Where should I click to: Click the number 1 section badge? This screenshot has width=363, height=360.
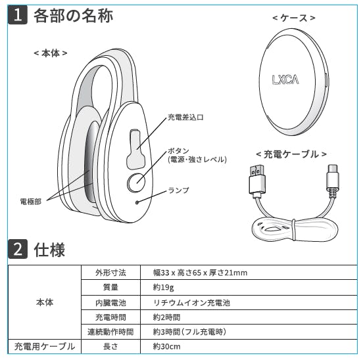click(x=18, y=15)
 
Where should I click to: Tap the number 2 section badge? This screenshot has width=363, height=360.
click(x=18, y=249)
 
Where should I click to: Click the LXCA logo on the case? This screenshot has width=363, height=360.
click(x=285, y=79)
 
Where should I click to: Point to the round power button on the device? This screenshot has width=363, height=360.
click(x=136, y=183)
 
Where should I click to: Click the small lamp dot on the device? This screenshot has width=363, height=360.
click(x=137, y=202)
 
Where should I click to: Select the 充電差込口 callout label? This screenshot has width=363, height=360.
click(x=185, y=117)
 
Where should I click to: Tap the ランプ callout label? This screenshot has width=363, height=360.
click(x=178, y=191)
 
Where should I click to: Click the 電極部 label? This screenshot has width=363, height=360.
click(x=31, y=202)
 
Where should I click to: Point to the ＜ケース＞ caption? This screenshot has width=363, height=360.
click(x=294, y=18)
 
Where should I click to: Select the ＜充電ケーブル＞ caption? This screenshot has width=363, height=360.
click(x=291, y=154)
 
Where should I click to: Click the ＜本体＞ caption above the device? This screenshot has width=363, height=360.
click(x=51, y=53)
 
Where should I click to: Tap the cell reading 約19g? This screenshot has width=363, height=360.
click(x=163, y=287)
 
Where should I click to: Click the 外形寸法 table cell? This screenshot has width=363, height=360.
click(x=110, y=273)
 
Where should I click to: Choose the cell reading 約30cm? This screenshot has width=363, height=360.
click(x=166, y=346)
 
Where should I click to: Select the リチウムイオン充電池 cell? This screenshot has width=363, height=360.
click(x=191, y=303)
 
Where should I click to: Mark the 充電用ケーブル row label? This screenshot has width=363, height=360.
click(x=45, y=346)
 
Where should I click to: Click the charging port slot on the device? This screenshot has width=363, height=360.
click(x=135, y=148)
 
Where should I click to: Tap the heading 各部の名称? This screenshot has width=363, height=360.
click(x=74, y=16)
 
